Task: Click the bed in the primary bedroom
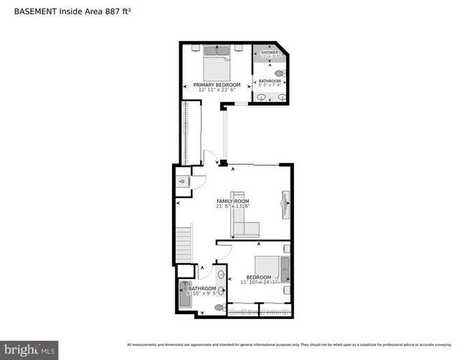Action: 217,65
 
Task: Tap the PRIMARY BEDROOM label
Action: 217,85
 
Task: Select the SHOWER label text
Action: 270,52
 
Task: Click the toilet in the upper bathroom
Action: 280,74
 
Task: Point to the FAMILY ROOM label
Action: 234,201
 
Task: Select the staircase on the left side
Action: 185,244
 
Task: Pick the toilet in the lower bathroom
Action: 219,307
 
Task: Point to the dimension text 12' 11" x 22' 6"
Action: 217,90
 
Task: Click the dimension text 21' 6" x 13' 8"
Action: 234,207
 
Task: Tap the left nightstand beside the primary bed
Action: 196,49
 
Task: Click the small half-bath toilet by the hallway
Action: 183,182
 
